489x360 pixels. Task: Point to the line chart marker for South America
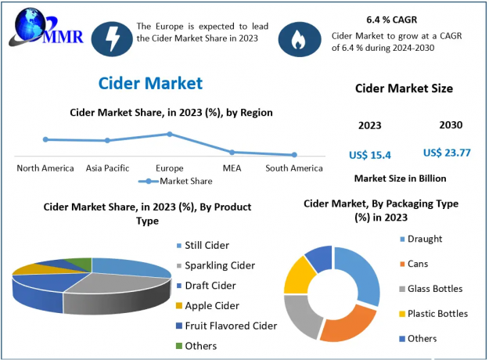(x=294, y=155)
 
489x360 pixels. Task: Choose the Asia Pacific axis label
(x=108, y=168)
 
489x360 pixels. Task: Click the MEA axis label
(x=232, y=168)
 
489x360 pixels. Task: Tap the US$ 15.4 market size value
(x=369, y=155)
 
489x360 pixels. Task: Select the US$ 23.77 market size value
(x=447, y=153)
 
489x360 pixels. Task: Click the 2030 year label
(x=451, y=125)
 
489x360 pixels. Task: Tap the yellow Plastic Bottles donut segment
(x=297, y=275)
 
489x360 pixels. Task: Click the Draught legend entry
(x=424, y=239)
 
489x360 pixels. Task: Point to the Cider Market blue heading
(x=151, y=82)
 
